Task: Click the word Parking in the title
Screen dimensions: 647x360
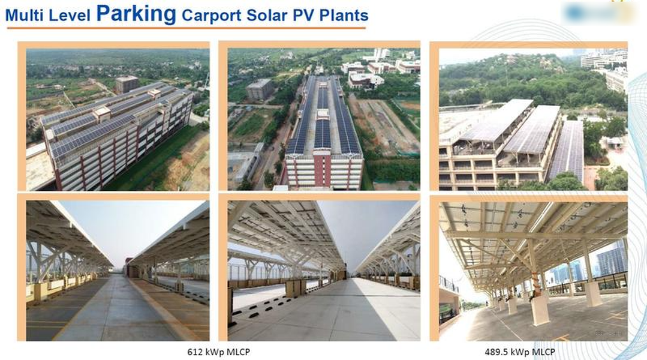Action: click(136, 14)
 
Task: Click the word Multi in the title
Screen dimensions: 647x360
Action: click(25, 16)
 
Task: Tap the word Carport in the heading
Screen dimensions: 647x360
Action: click(211, 16)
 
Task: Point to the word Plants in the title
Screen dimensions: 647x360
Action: click(344, 15)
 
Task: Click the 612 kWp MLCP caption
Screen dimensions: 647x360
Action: click(219, 352)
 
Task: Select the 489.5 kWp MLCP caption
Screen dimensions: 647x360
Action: click(520, 352)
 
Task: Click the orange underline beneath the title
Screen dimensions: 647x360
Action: click(186, 28)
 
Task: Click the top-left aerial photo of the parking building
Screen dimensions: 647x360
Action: click(118, 119)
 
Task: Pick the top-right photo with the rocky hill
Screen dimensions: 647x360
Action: click(533, 119)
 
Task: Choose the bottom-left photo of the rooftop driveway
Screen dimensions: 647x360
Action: click(118, 271)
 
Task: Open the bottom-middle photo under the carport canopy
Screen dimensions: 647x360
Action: click(324, 271)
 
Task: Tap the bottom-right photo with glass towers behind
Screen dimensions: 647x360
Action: click(533, 271)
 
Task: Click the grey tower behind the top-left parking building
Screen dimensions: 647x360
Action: click(127, 84)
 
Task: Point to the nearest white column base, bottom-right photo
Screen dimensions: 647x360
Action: click(540, 309)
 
